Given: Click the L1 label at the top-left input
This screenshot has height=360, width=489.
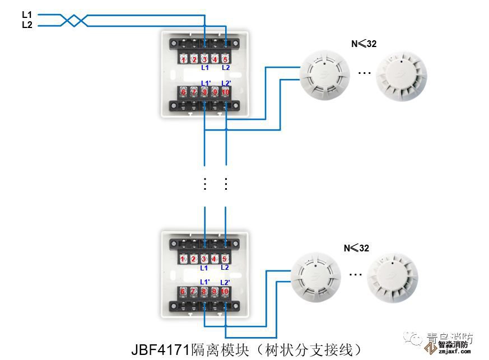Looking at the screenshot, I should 27,14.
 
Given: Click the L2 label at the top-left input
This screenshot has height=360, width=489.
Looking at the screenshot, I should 27,25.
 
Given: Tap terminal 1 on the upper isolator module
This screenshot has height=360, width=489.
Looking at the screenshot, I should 183,59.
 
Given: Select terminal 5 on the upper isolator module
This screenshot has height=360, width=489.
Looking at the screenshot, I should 225,59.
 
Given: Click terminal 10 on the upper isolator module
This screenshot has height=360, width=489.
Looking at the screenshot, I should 225,92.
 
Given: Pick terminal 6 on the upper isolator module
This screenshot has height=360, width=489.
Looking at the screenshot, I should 183,92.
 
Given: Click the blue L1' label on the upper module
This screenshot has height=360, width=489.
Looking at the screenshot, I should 205,83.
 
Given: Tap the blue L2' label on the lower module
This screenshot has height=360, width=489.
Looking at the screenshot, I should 225,282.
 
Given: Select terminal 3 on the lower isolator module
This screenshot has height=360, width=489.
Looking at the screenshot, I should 204,259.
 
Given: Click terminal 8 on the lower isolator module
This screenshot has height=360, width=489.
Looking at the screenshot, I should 204,292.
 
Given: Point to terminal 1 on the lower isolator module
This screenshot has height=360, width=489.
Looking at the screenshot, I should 183,259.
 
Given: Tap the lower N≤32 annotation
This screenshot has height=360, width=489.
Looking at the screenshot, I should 356,248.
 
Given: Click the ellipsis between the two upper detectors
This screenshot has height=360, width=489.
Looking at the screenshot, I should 364,72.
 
